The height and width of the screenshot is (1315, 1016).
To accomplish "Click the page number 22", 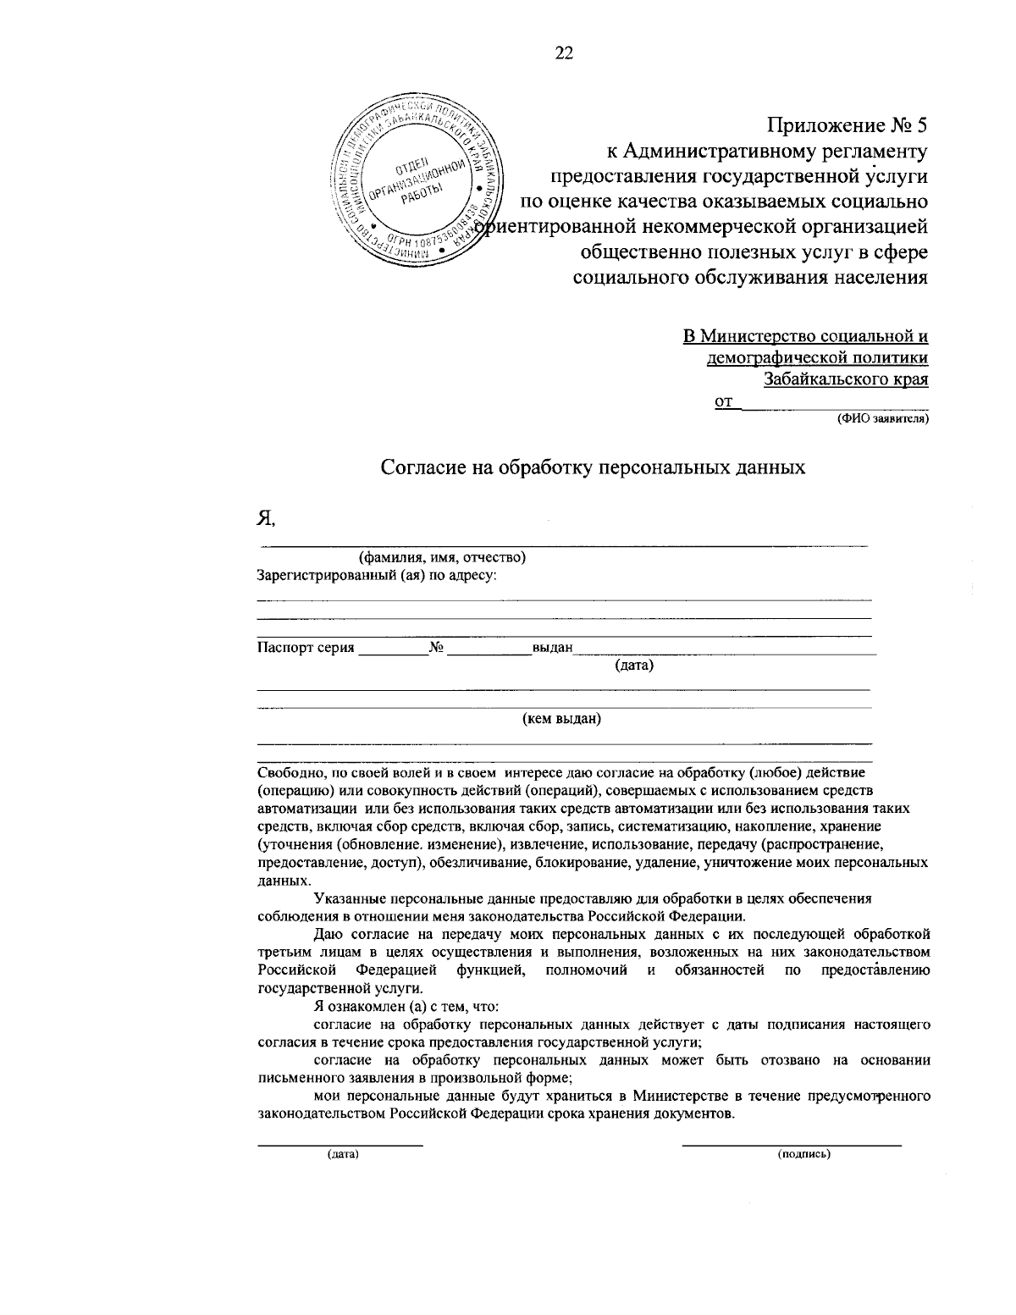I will pyautogui.click(x=564, y=54).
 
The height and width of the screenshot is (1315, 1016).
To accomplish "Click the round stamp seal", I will pyautogui.click(x=416, y=181).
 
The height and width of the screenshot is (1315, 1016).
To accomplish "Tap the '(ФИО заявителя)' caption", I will pyautogui.click(x=882, y=418).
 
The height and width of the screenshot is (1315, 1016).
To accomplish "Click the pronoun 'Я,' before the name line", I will pyautogui.click(x=267, y=518).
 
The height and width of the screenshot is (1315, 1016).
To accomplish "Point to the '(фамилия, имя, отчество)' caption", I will pyautogui.click(x=443, y=558).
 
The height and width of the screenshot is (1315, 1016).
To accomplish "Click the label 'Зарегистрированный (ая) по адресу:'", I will pyautogui.click(x=377, y=576).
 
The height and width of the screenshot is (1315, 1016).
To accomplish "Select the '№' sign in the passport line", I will pyautogui.click(x=437, y=649).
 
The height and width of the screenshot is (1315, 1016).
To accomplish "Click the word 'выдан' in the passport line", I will pyautogui.click(x=553, y=649).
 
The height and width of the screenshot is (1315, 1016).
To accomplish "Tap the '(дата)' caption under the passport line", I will pyautogui.click(x=634, y=666).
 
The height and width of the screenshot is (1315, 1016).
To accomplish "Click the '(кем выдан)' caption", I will pyautogui.click(x=561, y=720).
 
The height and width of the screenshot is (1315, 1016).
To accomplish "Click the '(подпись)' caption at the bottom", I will pyautogui.click(x=803, y=1154).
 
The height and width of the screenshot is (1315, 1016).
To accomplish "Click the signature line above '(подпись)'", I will pyautogui.click(x=792, y=1145).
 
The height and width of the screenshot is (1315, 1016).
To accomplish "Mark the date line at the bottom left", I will pyautogui.click(x=340, y=1145).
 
